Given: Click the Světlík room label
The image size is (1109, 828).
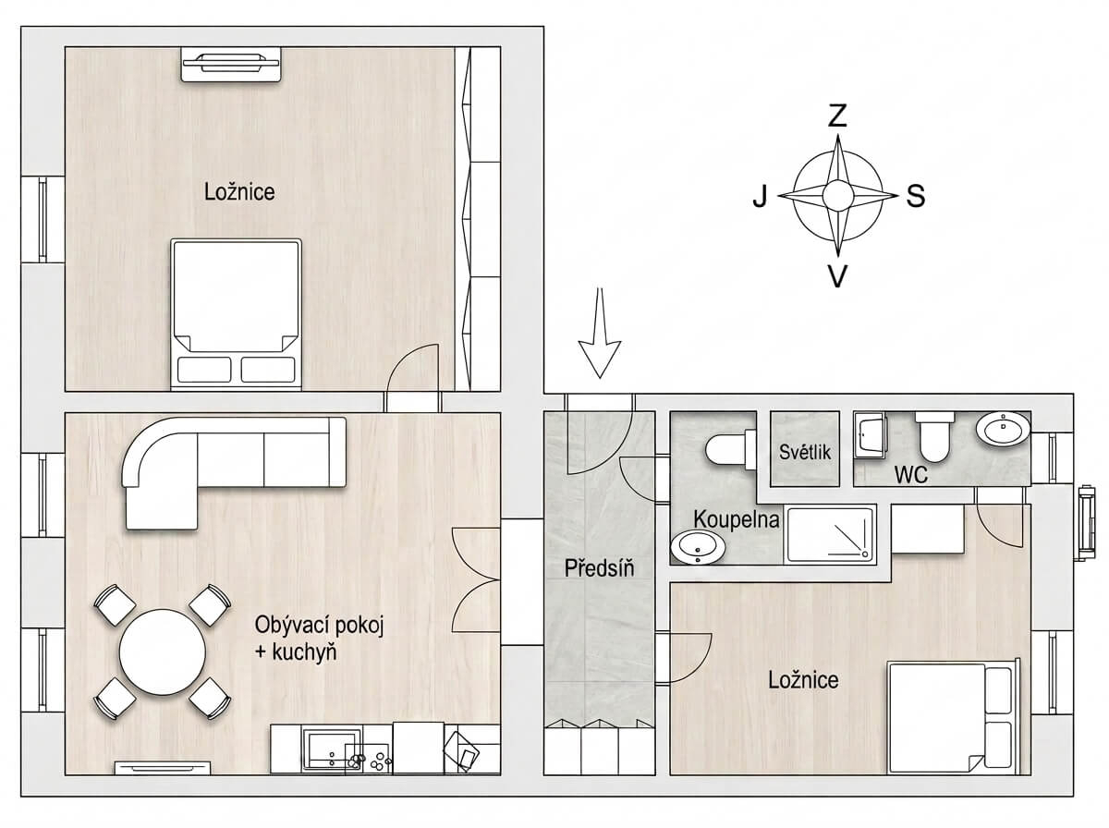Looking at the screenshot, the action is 804,452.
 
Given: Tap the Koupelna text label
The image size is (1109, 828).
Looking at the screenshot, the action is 737,520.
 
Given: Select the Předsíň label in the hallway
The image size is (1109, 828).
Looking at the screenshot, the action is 599,567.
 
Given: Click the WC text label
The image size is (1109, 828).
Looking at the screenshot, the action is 911,475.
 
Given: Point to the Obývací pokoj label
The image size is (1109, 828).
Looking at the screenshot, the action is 320,626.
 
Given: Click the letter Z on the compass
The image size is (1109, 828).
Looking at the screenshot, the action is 838,116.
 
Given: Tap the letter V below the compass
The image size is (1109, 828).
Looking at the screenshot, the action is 837,276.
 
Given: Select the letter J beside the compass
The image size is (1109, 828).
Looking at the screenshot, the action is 760,196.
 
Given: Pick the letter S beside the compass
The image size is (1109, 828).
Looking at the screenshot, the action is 916,196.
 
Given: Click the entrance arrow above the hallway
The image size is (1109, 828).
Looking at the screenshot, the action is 599,334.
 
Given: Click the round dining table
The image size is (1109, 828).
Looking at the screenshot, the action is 162,651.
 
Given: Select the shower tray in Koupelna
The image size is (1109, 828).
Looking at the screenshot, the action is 830,535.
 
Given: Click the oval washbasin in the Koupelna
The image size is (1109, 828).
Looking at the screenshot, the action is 698,548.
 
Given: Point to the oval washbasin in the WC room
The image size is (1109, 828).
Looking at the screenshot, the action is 1003,430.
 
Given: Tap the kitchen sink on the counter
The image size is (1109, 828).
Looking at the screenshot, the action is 331,749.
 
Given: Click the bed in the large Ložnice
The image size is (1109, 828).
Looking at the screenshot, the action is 236,313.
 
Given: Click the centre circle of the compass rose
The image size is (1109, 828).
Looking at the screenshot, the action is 837,196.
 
